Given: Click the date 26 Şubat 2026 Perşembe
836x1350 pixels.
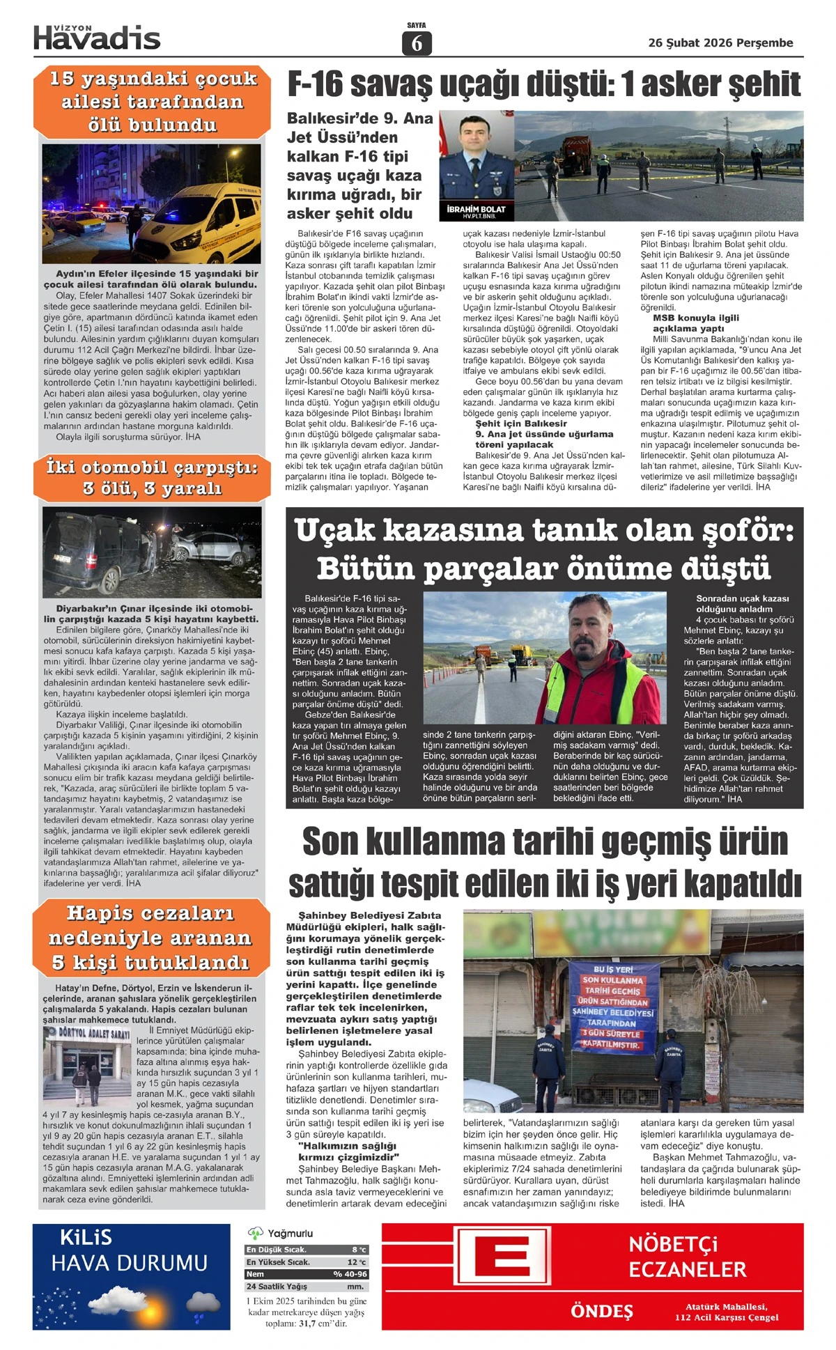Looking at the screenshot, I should (720, 43).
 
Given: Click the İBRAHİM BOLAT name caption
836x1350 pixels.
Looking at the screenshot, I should (476, 209).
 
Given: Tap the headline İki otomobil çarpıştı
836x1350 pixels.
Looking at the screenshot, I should (152, 467).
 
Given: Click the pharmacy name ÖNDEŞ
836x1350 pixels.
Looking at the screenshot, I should (601, 1312).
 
